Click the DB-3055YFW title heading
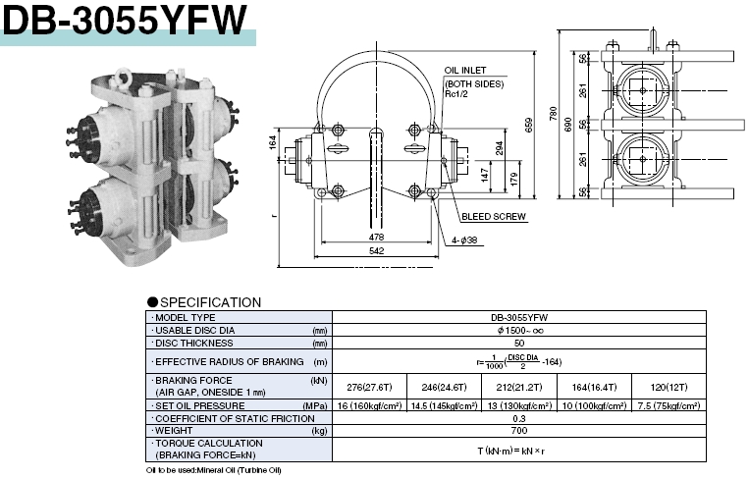click(x=126, y=19)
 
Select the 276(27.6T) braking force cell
click(x=370, y=386)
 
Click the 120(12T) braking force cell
click(x=668, y=386)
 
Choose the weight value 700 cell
click(x=518, y=430)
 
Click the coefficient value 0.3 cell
click(x=518, y=418)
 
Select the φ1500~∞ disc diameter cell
click(x=518, y=331)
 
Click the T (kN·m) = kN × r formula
click(x=518, y=450)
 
